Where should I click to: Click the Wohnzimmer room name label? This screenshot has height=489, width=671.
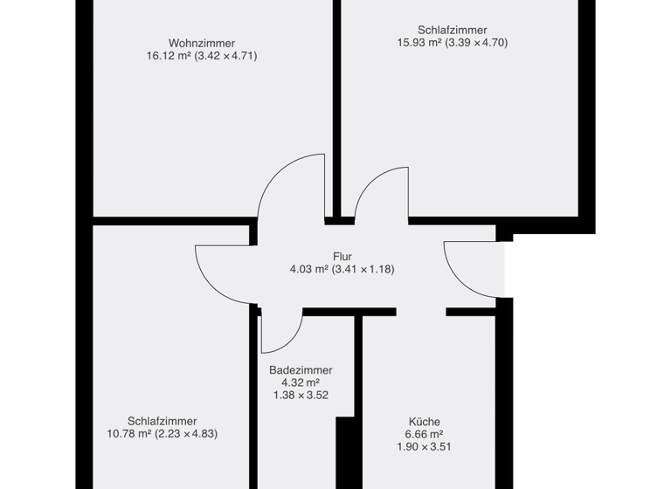[202, 43]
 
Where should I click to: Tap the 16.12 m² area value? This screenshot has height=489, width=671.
[169, 56]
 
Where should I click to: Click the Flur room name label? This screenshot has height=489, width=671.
[342, 257]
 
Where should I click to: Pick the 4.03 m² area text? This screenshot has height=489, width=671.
[308, 270]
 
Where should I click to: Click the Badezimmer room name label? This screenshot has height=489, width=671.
[301, 370]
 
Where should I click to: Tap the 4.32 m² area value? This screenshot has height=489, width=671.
[300, 382]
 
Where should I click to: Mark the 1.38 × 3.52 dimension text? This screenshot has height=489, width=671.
[301, 396]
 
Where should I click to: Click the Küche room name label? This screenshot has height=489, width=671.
[424, 421]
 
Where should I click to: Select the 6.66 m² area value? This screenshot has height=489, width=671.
[424, 434]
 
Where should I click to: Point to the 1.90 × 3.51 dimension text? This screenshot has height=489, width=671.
[424, 447]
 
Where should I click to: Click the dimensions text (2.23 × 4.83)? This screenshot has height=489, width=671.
[186, 434]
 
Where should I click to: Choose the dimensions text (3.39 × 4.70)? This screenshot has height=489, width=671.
[476, 43]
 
